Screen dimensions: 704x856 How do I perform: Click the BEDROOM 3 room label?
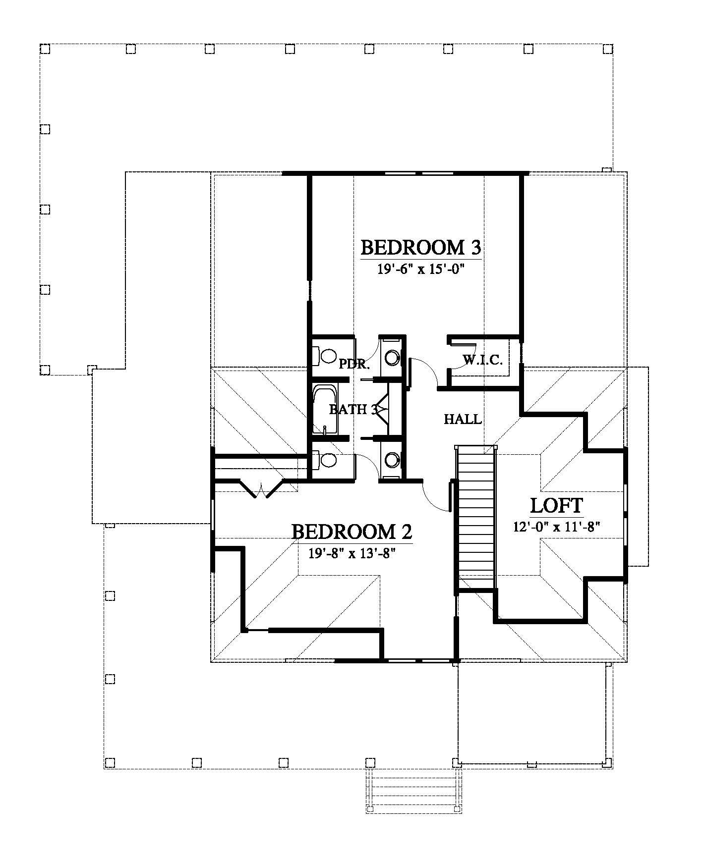421,247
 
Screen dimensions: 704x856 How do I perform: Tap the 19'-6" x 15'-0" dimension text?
420,269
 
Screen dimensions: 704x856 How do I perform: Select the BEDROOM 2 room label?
352,532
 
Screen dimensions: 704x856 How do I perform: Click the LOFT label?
557,506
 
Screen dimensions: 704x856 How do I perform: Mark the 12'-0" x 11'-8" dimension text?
557,527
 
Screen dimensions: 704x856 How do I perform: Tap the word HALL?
463,420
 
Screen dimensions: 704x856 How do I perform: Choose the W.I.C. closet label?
483,360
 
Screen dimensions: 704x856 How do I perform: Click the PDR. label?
354,365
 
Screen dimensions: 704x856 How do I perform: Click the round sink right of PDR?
392,357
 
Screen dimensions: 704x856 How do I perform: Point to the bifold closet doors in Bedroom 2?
262,487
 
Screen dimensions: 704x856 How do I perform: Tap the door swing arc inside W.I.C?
469,358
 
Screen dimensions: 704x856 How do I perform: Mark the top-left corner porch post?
45,49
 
